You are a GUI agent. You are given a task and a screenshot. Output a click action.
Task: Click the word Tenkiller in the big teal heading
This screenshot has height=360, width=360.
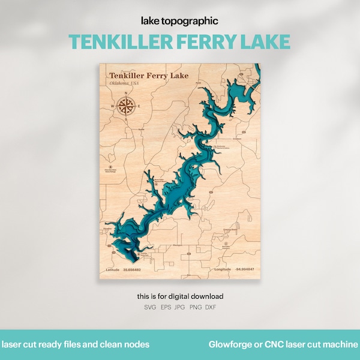[x=112, y=41]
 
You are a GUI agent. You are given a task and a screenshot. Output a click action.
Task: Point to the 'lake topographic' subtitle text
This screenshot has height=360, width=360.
[x=179, y=21]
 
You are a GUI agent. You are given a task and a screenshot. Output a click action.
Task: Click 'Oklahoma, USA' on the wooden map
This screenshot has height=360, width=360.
[x=124, y=83]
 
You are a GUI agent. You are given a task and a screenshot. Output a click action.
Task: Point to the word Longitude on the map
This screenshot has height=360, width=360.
[x=221, y=270]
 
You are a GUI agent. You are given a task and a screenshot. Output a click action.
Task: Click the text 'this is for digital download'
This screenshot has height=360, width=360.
[x=179, y=296]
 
